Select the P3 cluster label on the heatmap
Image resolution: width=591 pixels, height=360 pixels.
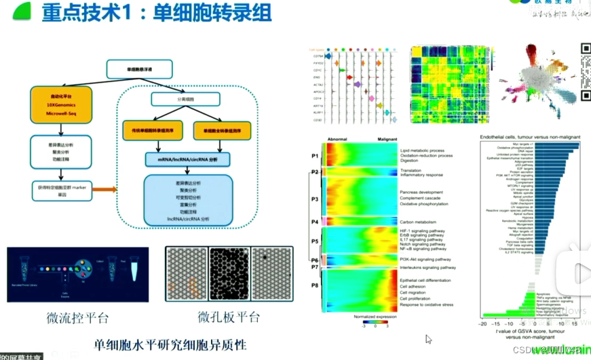tap(314, 199)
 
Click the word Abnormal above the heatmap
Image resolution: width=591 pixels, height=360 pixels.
tap(337, 138)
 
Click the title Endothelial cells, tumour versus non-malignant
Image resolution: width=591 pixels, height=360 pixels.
tap(531, 137)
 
